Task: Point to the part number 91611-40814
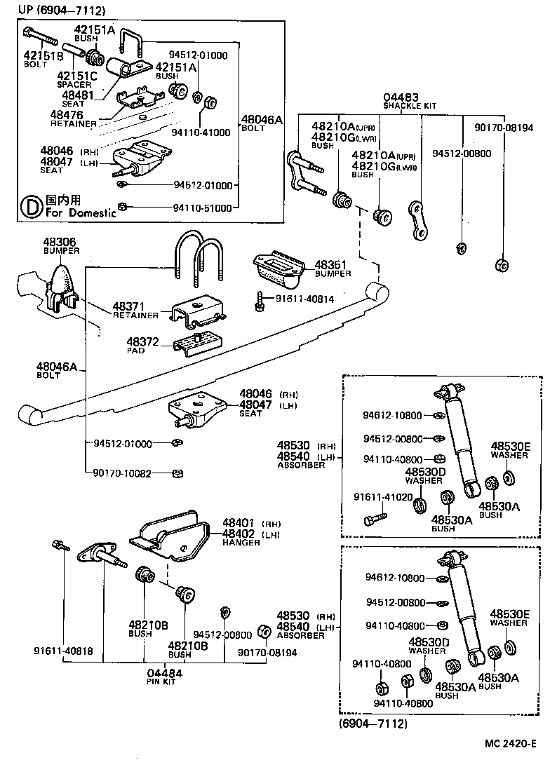(x=304, y=299)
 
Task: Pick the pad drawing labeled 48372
(x=197, y=345)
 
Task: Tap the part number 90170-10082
(x=122, y=473)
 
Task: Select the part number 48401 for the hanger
(x=239, y=523)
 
